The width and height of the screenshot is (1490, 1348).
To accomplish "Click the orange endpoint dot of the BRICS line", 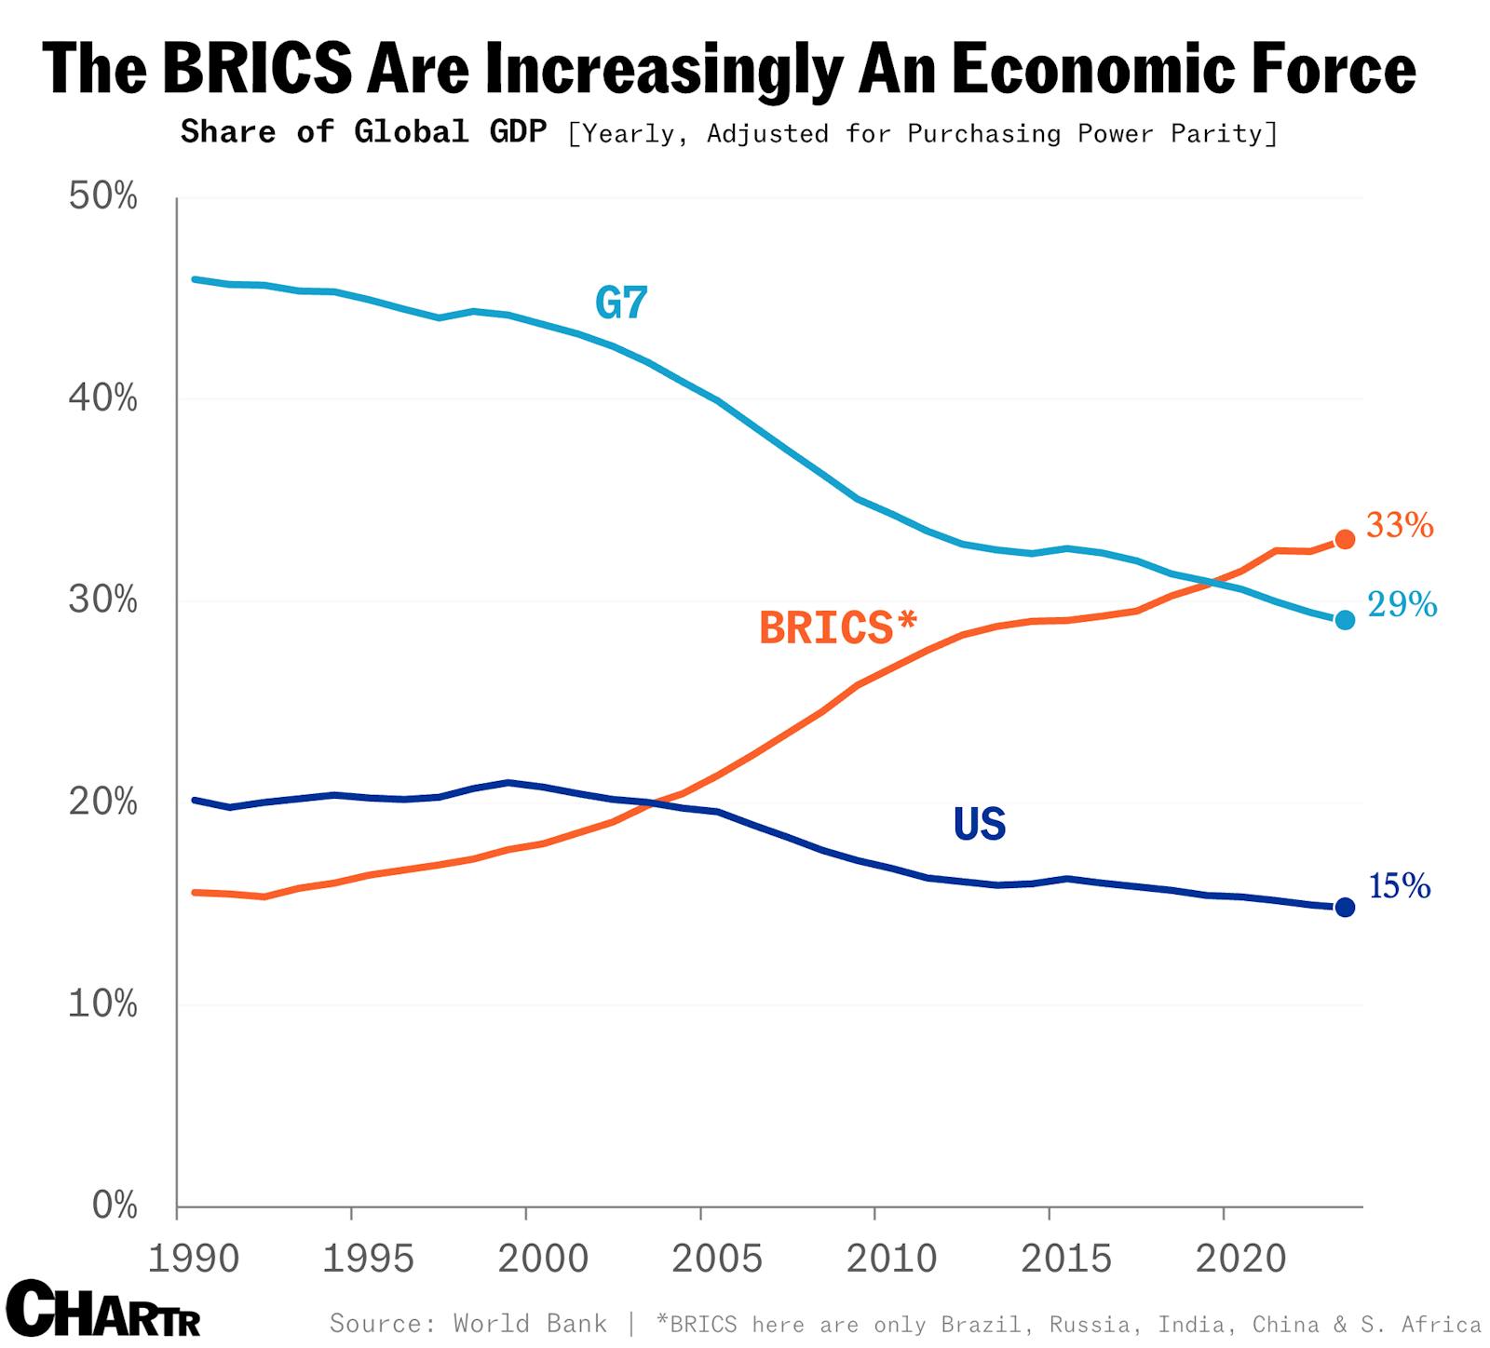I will coord(1345,539).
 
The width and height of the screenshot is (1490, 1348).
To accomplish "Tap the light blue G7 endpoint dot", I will coord(1345,620).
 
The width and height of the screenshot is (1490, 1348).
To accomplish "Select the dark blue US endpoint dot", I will coord(1345,907).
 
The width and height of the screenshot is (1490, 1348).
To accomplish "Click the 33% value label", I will coord(1400,526).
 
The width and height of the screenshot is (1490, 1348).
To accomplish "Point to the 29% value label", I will coord(1402,605).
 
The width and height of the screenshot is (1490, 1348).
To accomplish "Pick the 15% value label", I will coord(1399,886).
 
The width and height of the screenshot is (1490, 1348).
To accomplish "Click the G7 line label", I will coord(620,303).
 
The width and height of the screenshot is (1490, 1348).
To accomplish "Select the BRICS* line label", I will coord(838,627).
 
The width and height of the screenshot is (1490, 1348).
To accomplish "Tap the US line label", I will coord(979,824).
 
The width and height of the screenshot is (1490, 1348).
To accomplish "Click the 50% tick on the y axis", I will coord(102,197).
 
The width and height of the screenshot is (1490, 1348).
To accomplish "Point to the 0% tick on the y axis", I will coord(115,1206).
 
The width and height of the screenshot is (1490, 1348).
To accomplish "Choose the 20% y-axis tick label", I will coord(102,802).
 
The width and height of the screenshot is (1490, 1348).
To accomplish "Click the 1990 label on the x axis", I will coord(194,1259).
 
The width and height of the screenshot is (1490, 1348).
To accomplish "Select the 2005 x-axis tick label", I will coord(717,1259).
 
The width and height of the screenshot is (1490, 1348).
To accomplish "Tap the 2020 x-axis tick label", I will coord(1240,1259).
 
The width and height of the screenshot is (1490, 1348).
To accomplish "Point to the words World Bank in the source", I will coord(529,1323).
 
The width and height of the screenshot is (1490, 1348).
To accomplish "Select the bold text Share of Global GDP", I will coord(363,132).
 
